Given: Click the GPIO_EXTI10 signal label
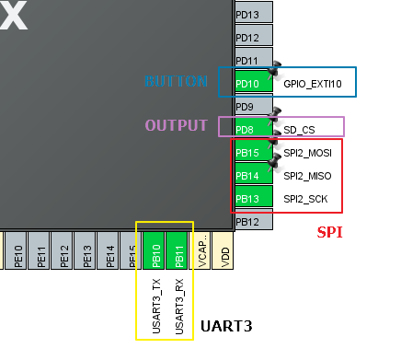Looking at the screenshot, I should click(312, 84).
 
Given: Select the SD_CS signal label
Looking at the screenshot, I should click(300, 130).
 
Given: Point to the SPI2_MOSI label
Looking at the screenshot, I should click(307, 153).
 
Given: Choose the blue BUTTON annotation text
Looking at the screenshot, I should click(176, 82).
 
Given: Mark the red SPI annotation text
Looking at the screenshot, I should click(329, 233).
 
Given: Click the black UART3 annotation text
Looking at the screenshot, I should click(226, 327).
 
